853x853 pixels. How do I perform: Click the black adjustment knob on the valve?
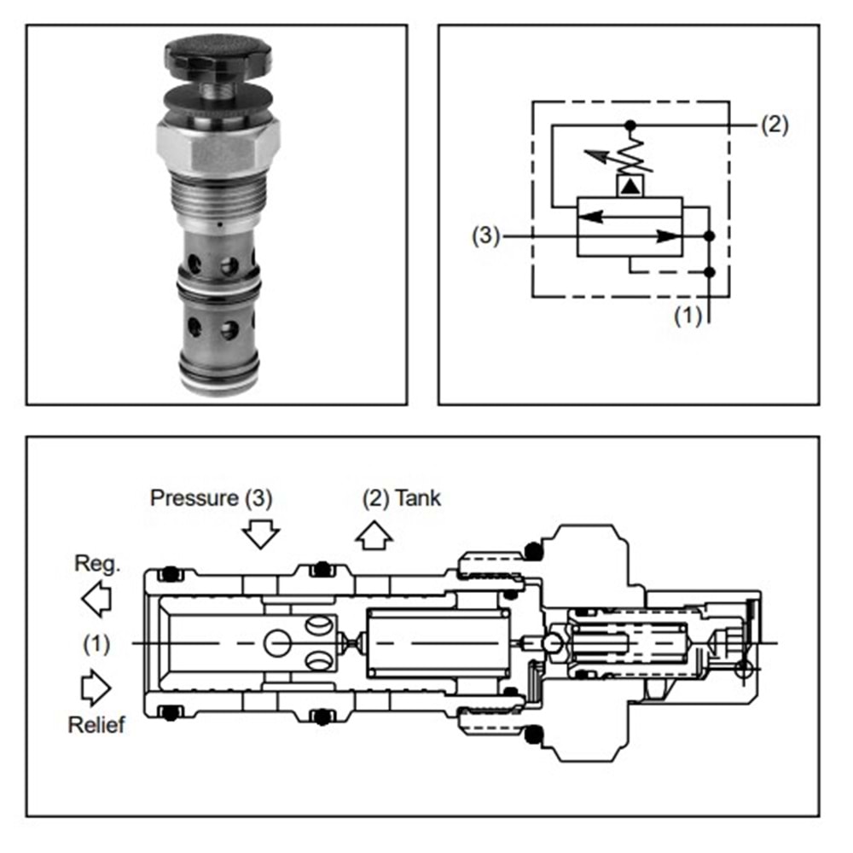pos(218,56)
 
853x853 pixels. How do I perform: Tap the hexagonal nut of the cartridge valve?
pos(218,145)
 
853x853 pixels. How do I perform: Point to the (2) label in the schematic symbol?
pos(775,125)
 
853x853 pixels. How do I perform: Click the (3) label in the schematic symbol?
pos(485,236)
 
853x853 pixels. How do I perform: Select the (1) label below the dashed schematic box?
pos(688,316)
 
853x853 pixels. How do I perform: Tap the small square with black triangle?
pos(630,186)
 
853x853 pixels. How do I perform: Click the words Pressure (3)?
pos(211,498)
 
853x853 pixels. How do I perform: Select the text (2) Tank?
pos(402,498)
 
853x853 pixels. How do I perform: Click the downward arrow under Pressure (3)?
pos(260,534)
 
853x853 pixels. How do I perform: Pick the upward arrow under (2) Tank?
pos(374,536)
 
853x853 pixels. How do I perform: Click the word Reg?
pos(97,564)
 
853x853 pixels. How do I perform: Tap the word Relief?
pos(96,724)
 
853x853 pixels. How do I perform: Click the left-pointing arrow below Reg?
pos(97,599)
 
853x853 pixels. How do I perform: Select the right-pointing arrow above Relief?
pos(96,688)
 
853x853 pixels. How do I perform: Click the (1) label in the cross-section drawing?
pos(96,643)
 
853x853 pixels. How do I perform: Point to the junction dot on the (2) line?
pos(630,125)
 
